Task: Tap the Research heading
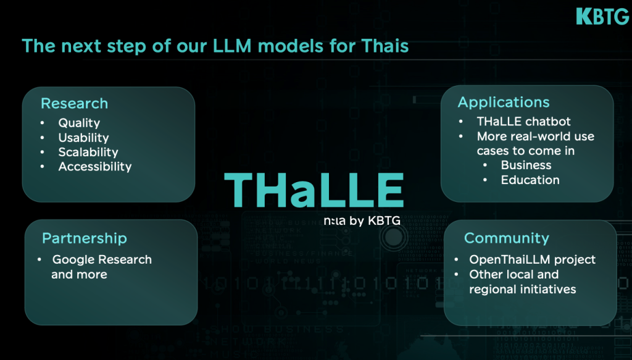click(x=74, y=104)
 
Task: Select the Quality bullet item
click(x=79, y=123)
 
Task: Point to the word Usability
click(x=83, y=138)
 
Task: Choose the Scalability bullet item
click(x=88, y=152)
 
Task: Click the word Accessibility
click(x=94, y=167)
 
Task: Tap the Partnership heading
click(x=84, y=238)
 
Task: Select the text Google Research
click(x=102, y=259)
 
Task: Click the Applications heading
click(x=503, y=103)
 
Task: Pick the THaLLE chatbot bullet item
click(x=523, y=121)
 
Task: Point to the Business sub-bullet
click(x=526, y=165)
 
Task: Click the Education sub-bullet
click(x=530, y=180)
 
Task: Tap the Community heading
click(x=506, y=238)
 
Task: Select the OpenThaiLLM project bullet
click(x=532, y=259)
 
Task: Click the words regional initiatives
click(x=522, y=289)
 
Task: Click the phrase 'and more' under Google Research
click(x=79, y=274)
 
